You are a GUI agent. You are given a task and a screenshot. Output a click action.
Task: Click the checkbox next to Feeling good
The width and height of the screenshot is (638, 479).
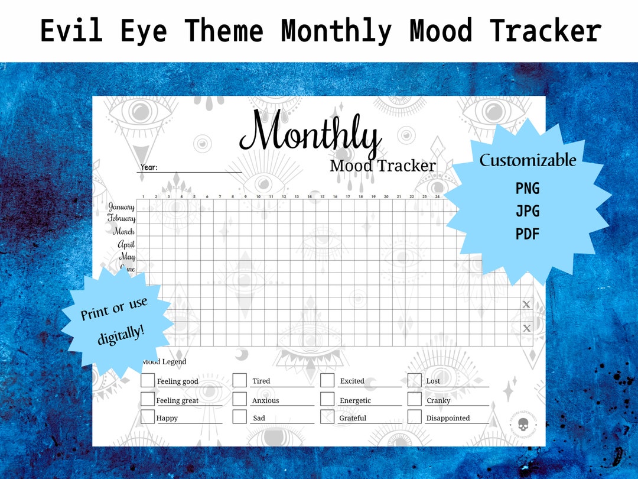click(x=148, y=380)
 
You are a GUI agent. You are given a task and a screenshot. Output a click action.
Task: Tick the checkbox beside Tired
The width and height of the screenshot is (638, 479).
click(x=239, y=380)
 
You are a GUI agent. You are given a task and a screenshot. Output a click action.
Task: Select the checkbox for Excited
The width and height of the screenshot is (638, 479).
click(x=327, y=380)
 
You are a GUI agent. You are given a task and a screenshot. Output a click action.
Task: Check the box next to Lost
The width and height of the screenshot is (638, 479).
click(x=415, y=380)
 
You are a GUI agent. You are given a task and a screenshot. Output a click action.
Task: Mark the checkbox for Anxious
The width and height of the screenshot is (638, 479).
click(x=239, y=399)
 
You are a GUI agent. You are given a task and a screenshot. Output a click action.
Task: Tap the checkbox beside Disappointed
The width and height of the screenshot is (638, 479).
click(x=415, y=417)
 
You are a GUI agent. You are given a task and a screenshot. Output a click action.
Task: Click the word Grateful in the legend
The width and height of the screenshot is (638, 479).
click(x=353, y=418)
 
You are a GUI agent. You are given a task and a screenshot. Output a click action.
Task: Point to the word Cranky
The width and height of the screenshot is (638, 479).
click(x=438, y=400)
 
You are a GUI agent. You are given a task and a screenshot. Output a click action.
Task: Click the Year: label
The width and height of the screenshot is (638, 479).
click(x=149, y=167)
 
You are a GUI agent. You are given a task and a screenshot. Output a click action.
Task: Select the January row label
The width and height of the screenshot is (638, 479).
click(x=122, y=207)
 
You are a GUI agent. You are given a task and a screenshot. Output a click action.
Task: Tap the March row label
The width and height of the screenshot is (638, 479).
click(x=123, y=231)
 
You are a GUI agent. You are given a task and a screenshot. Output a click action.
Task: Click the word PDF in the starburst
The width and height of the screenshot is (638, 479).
click(x=528, y=234)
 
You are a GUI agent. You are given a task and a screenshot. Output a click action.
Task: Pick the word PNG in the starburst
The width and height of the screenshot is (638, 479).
click(x=528, y=189)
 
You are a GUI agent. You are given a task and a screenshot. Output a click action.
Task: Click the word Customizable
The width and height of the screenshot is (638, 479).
click(x=528, y=160)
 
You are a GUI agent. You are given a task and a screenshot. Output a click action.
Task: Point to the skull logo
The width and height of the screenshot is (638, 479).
click(x=522, y=424)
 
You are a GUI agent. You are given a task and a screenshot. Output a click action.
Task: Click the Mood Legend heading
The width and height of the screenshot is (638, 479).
click(x=165, y=361)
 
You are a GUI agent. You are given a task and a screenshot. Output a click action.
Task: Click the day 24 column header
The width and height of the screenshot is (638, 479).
click(x=437, y=196)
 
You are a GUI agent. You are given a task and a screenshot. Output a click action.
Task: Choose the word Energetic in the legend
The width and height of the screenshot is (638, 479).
click(x=355, y=400)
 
